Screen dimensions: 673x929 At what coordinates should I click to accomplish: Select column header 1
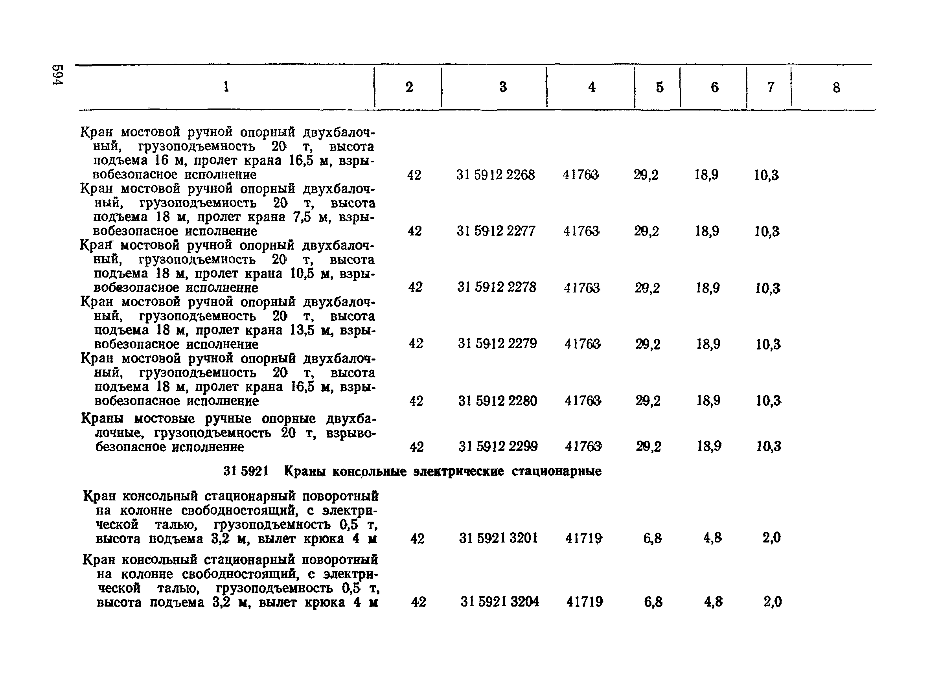226,87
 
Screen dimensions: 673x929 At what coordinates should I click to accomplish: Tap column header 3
503,87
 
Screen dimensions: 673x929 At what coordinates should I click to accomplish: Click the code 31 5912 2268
495,175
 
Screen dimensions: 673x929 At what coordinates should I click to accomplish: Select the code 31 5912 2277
496,232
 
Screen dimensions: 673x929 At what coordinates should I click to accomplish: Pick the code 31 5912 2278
497,287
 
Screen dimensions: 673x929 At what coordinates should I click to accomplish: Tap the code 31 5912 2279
497,343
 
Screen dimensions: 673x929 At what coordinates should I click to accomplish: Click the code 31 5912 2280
497,401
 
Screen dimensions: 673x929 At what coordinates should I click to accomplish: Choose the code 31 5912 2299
498,446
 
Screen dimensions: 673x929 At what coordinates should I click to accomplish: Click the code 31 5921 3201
498,538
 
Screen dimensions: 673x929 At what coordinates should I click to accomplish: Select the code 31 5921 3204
500,602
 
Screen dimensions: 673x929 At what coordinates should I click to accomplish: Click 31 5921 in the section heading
245,471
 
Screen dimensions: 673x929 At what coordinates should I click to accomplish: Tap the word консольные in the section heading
369,472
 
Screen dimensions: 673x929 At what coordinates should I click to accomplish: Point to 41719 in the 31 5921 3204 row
585,602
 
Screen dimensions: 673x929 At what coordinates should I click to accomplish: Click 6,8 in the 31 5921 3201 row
652,538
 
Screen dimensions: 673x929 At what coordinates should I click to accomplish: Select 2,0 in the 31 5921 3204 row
773,602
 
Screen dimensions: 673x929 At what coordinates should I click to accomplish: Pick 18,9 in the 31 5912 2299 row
709,446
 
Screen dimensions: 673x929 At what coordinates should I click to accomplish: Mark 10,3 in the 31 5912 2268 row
766,175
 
